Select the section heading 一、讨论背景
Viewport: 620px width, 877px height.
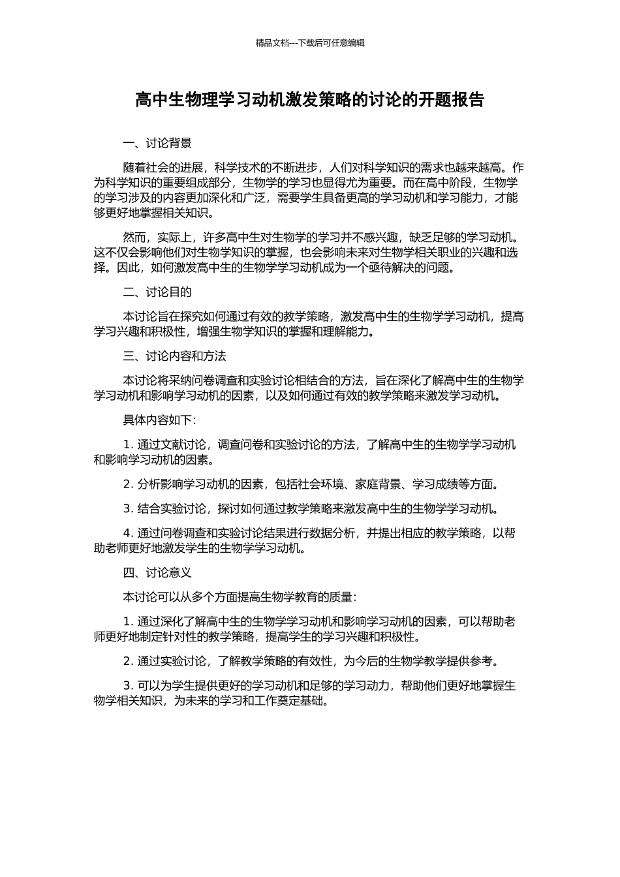157,144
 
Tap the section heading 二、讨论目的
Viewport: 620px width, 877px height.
157,292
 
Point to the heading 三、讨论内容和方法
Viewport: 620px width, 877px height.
174,356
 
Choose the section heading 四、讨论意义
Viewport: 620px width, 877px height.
157,573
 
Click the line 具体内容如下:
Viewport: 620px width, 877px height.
159,420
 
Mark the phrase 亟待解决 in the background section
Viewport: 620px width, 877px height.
380,268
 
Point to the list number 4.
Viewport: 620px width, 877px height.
127,533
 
